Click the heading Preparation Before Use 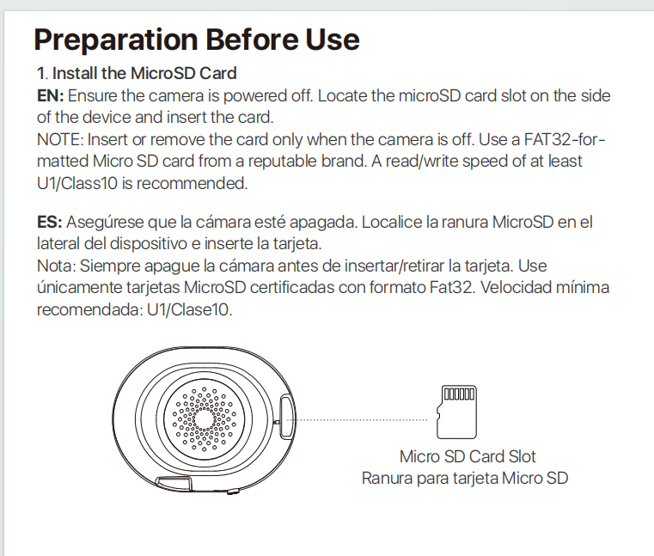pyautogui.click(x=196, y=40)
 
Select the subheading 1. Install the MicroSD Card pyautogui.click(x=136, y=74)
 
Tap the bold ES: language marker pyautogui.click(x=49, y=223)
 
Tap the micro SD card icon pyautogui.click(x=457, y=412)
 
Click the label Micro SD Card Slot pyautogui.click(x=468, y=456)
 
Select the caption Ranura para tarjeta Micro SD pyautogui.click(x=465, y=478)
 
